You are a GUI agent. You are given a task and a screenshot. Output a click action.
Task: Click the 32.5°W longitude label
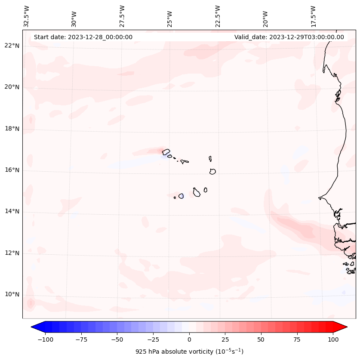(27, 16)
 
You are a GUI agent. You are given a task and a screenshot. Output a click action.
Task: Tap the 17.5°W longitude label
(313, 16)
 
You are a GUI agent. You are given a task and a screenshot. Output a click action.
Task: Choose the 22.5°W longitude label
(218, 16)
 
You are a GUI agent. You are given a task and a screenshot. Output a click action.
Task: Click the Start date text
(83, 37)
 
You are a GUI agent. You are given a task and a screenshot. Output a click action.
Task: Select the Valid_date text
(289, 37)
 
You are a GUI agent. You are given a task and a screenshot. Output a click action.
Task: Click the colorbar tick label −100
(45, 340)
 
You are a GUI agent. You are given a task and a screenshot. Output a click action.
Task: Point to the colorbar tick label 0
(189, 340)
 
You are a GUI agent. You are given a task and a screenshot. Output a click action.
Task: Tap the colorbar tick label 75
(297, 340)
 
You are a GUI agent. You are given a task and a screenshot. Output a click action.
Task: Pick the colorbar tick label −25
(153, 340)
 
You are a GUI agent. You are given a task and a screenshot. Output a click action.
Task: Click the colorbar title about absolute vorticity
(189, 352)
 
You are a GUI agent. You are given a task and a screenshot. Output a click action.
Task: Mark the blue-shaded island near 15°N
(181, 196)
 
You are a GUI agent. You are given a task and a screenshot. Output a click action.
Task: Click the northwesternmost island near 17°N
(166, 151)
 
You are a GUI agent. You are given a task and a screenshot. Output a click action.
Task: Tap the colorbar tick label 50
(261, 340)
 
